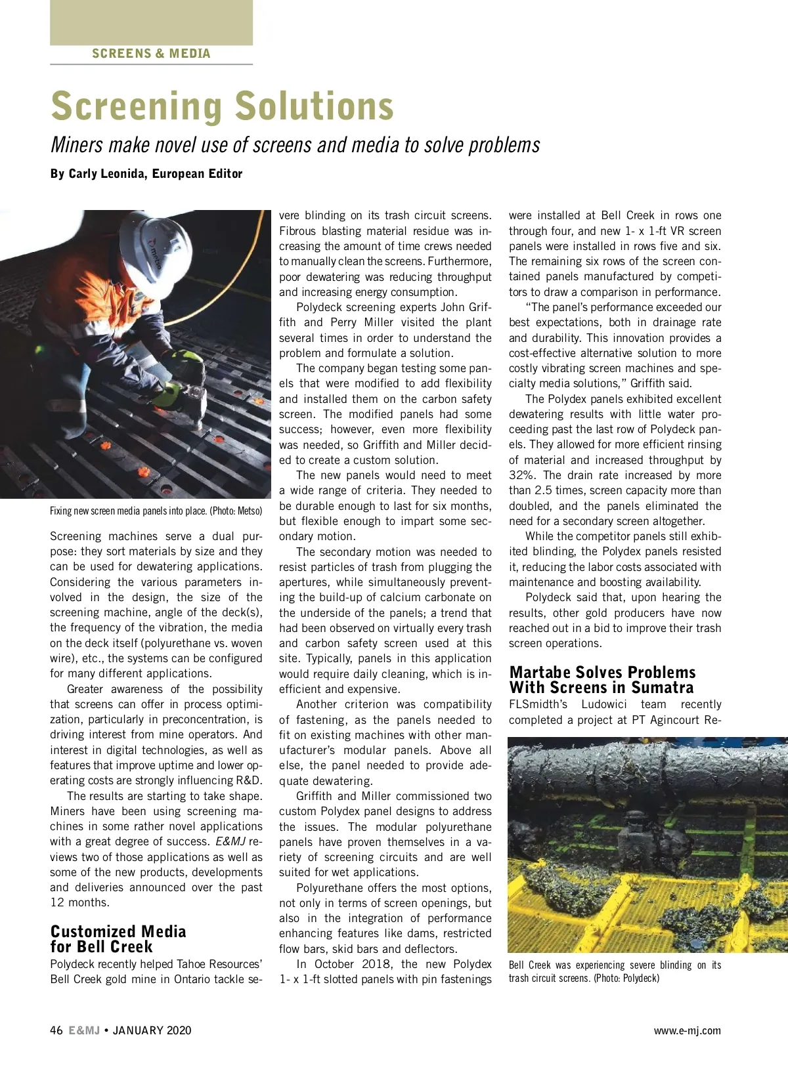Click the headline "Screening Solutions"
click(222, 106)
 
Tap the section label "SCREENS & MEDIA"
click(151, 54)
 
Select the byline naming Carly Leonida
click(146, 174)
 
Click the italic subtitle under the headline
click(295, 145)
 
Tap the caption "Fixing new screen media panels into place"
click(156, 511)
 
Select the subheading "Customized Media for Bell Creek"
click(118, 939)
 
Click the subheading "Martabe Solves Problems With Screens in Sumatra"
click(602, 680)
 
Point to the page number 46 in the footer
click(56, 1030)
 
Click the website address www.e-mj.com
click(687, 1030)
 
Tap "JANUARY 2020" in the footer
click(152, 1030)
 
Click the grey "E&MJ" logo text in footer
click(84, 1030)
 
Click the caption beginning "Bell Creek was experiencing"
click(615, 971)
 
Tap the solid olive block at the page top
click(151, 22)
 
